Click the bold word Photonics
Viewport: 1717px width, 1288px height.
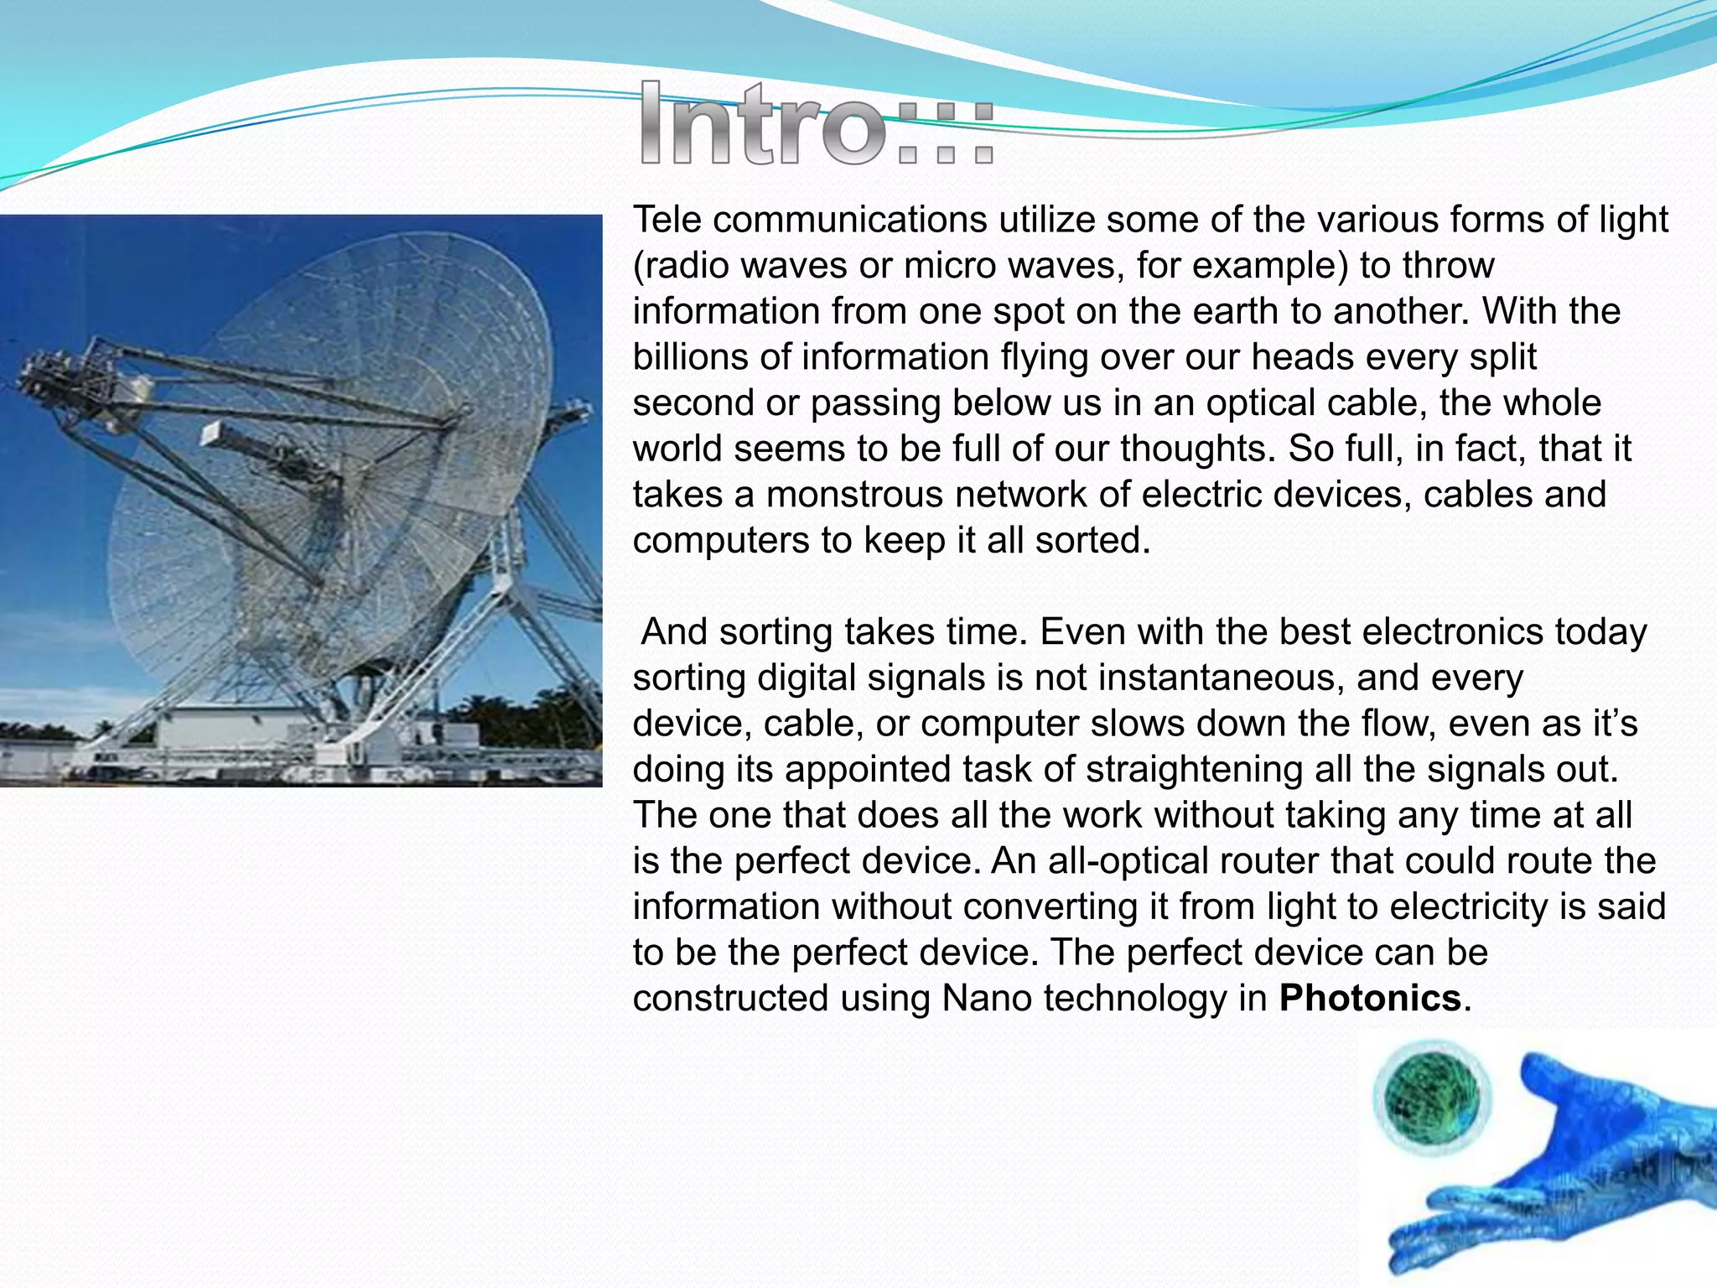[x=1370, y=999]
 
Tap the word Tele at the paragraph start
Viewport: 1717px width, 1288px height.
[x=667, y=220]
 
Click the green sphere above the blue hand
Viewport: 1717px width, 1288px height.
[x=1432, y=1098]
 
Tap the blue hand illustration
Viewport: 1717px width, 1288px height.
[x=1559, y=1174]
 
